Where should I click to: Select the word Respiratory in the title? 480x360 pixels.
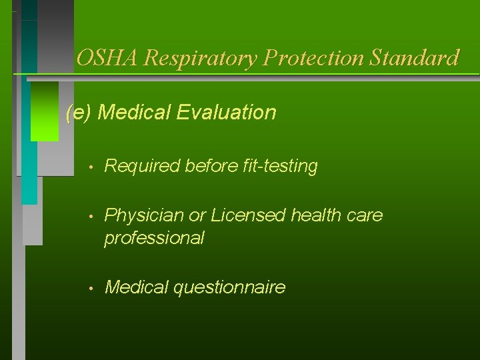point(201,58)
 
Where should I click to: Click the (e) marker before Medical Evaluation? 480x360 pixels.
point(79,113)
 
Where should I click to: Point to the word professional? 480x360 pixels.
point(154,238)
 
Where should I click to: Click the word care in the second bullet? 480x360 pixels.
point(366,215)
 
